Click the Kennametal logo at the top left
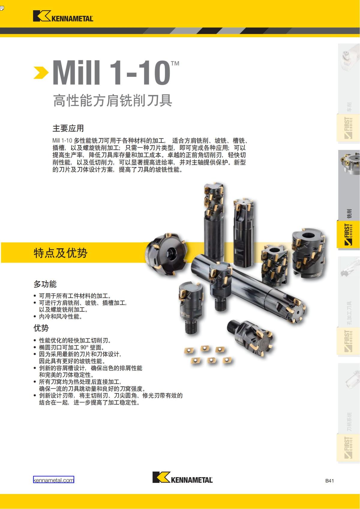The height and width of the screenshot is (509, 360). [63, 16]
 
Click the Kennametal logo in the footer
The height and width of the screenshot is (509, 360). [182, 477]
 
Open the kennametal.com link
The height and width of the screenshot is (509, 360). [53, 480]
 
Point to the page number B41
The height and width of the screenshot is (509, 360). [329, 481]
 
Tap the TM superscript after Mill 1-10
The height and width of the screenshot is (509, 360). [175, 63]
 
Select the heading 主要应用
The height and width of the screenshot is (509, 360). [68, 128]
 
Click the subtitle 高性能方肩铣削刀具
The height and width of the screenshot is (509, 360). [112, 100]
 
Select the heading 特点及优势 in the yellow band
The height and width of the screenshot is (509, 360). [61, 253]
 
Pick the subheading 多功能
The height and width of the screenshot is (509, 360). [45, 284]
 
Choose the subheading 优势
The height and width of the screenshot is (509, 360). [41, 328]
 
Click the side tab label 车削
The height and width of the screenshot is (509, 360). [349, 106]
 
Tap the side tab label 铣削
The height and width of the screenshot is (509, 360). [349, 213]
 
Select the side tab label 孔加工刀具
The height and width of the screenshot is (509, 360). [349, 313]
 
